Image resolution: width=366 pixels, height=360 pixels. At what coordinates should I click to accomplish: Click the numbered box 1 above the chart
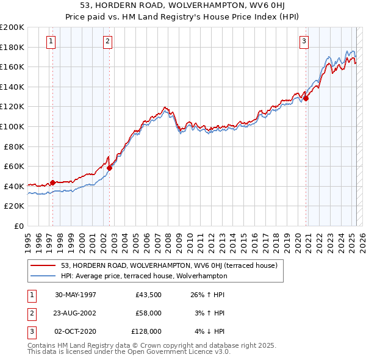(x=50, y=41)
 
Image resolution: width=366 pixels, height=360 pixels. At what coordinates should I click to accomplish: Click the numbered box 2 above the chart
(x=107, y=41)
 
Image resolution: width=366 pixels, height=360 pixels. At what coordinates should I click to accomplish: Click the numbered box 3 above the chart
(x=304, y=41)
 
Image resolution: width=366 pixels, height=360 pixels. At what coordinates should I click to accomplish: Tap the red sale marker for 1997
(x=53, y=182)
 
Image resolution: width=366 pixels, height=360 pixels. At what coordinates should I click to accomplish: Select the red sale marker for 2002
(x=109, y=168)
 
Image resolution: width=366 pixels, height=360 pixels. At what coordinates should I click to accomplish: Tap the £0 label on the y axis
(x=18, y=226)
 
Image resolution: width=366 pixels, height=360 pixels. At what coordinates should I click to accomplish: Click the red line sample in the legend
(x=43, y=266)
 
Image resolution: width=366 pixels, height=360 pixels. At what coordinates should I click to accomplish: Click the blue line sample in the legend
(x=43, y=276)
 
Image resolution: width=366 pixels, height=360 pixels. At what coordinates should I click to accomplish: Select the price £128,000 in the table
(x=146, y=331)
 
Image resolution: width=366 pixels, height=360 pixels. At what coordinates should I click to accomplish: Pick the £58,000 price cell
(x=148, y=313)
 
